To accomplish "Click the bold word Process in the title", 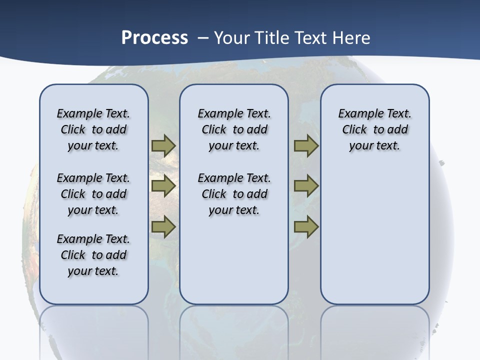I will pyautogui.click(x=154, y=37).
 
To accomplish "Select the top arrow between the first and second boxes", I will pyautogui.click(x=163, y=146).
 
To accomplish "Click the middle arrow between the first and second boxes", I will pyautogui.click(x=163, y=186).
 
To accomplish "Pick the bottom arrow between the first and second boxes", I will pyautogui.click(x=163, y=226).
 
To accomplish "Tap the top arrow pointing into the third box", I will pyautogui.click(x=306, y=146).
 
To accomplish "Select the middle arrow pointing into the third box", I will pyautogui.click(x=306, y=186).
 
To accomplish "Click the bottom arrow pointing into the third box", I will pyautogui.click(x=306, y=226).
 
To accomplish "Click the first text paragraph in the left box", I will pyautogui.click(x=93, y=129).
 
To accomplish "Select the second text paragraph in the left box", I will pyautogui.click(x=93, y=194).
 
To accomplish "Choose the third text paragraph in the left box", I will pyautogui.click(x=93, y=255).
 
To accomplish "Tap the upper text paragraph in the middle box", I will pyautogui.click(x=234, y=129).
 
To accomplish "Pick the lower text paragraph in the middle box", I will pyautogui.click(x=234, y=194).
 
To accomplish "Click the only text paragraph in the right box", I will pyautogui.click(x=374, y=129).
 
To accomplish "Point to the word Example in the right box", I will pyautogui.click(x=356, y=114).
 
